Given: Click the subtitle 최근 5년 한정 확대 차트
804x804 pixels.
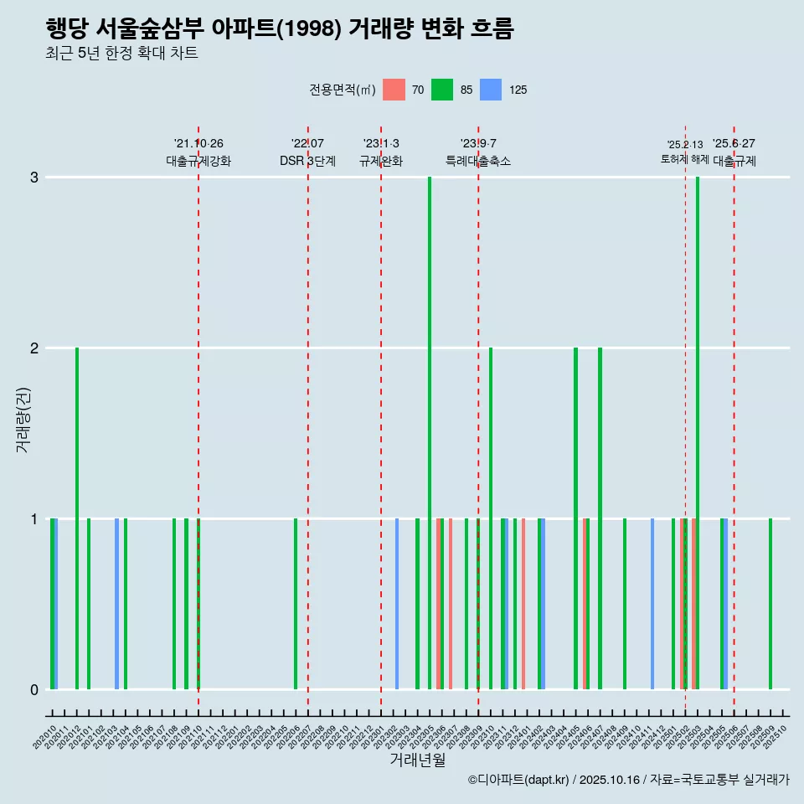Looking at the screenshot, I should (121, 54).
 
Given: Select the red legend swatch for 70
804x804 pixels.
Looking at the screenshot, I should (394, 90).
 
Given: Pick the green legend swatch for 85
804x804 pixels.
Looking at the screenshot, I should (442, 90).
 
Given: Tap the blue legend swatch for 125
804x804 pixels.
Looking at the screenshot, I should (491, 90).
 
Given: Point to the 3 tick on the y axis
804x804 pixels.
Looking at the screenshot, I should (34, 178).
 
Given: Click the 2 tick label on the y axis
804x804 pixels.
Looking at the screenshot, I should (34, 348).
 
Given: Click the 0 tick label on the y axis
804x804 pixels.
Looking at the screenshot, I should (34, 690).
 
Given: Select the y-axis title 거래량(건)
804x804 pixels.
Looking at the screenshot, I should (23, 419).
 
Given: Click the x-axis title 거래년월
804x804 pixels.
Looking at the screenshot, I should (417, 760).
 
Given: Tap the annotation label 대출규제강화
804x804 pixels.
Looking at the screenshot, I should (198, 161).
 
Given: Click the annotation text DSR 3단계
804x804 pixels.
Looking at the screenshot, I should (307, 161).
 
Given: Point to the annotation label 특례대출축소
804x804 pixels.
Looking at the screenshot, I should (477, 161).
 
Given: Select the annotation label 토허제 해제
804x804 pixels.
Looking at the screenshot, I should (685, 159).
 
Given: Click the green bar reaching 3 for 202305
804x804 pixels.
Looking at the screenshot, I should (430, 433).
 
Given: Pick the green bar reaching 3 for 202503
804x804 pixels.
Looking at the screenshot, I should (698, 433).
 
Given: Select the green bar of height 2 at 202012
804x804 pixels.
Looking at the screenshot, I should (77, 518).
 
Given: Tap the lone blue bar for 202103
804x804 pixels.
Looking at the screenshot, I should (116, 604).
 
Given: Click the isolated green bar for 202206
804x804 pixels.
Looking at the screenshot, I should (296, 604).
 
